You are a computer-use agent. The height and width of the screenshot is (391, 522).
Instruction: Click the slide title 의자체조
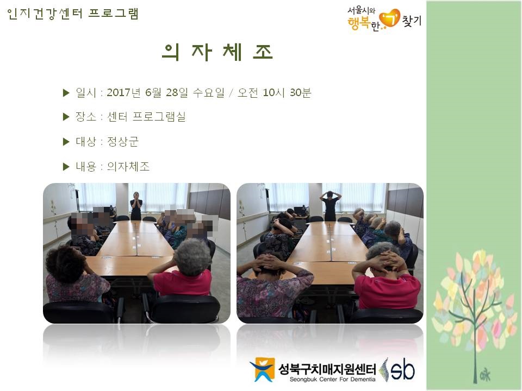click(x=217, y=52)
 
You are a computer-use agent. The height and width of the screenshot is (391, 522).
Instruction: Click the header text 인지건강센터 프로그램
click(x=72, y=14)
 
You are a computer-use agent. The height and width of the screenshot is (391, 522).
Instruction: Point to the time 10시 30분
click(x=287, y=92)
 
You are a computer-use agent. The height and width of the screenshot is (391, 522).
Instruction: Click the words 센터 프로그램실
click(x=146, y=117)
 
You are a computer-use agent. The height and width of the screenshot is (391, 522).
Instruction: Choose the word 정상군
click(x=122, y=142)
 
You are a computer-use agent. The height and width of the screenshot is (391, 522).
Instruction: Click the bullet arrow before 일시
click(x=66, y=93)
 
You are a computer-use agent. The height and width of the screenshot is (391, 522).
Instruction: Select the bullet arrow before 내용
click(x=66, y=167)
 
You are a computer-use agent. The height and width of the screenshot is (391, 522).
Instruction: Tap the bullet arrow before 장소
click(x=66, y=117)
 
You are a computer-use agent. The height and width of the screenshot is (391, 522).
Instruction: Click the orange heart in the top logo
click(x=389, y=18)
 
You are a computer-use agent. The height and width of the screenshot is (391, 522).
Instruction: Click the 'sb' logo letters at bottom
click(x=402, y=369)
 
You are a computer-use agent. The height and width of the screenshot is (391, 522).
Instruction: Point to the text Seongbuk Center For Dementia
click(x=332, y=380)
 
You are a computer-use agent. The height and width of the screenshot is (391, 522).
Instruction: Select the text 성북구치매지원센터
click(x=327, y=369)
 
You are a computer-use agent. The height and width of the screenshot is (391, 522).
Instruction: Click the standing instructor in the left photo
click(x=136, y=206)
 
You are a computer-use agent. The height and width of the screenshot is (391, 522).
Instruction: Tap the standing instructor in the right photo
click(x=330, y=206)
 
